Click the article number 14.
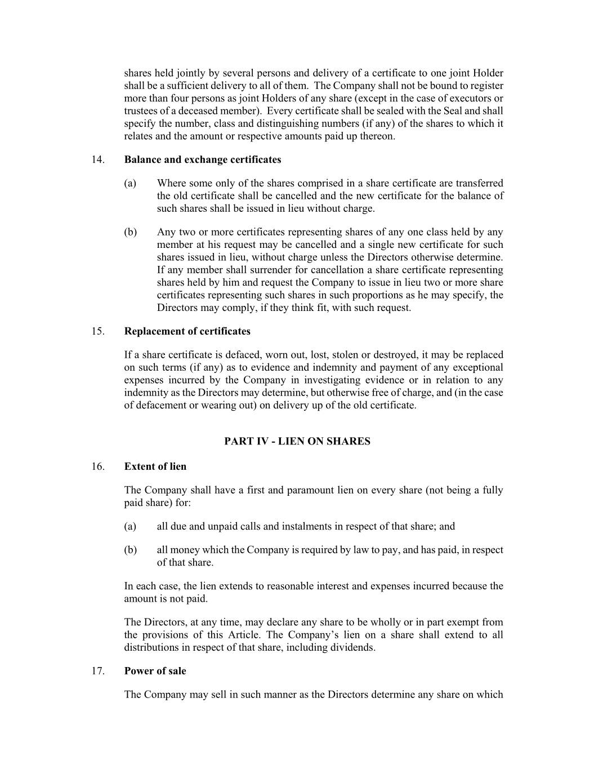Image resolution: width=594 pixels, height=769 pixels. [97, 159]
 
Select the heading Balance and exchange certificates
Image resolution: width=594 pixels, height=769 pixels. [202, 159]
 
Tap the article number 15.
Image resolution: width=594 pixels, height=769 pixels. [97, 331]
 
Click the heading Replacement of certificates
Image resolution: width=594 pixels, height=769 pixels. [187, 331]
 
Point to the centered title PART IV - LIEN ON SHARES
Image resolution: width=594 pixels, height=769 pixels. [297, 441]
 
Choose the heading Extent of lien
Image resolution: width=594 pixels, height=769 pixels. [155, 466]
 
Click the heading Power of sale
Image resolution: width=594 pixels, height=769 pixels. [155, 671]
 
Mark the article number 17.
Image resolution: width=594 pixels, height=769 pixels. [97, 671]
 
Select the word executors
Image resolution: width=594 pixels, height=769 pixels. [470, 99]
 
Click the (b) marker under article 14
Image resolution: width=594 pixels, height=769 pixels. [130, 232]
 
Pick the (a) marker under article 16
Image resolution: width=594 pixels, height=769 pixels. [130, 526]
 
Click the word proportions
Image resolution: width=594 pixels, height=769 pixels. [362, 295]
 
